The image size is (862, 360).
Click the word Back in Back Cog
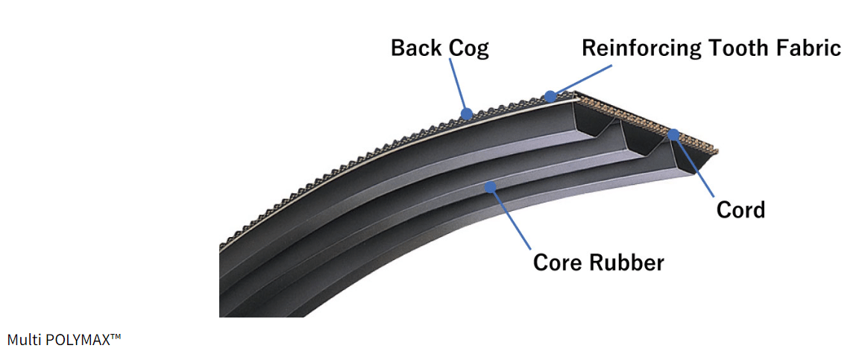click(x=414, y=49)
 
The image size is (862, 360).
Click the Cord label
click(x=740, y=210)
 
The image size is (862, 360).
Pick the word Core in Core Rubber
click(x=559, y=263)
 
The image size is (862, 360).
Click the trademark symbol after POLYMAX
click(x=116, y=337)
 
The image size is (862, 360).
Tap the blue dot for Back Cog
click(x=468, y=114)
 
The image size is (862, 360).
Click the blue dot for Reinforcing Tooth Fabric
click(x=550, y=95)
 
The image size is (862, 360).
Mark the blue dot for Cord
click(x=673, y=135)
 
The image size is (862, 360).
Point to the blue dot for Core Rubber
click(x=491, y=186)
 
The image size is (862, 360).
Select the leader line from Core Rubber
click(x=510, y=217)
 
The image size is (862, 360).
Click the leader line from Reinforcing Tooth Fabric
click(x=582, y=80)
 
